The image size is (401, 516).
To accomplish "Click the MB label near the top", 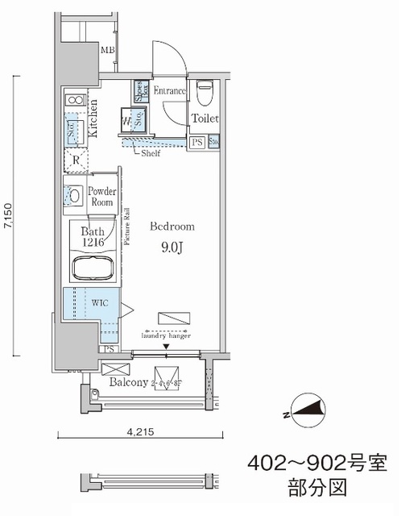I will (106, 51).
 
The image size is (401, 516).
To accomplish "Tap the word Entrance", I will (169, 91).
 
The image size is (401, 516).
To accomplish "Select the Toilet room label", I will (205, 119).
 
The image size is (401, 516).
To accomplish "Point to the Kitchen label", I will (93, 119).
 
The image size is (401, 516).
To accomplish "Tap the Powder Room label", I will (102, 198).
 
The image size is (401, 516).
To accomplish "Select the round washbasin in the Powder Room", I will (73, 195).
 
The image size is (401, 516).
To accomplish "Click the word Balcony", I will (128, 382).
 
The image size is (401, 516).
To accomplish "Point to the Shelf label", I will (150, 152).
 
